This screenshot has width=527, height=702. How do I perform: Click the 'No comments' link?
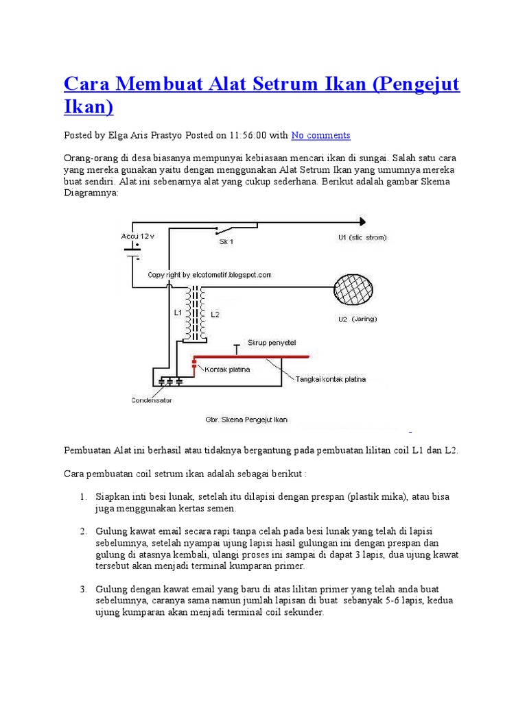point(320,135)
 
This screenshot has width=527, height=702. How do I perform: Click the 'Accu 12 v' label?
point(138,235)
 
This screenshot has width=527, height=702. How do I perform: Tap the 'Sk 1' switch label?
point(226,242)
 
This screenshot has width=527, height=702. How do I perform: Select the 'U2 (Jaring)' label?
point(358,319)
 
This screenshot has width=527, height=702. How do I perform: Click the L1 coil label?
point(178,313)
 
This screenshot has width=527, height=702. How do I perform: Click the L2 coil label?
point(215,314)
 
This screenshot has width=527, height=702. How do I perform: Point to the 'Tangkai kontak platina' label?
point(331,378)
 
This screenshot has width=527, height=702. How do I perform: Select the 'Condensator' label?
point(152,400)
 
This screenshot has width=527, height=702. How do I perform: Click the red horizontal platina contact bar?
point(251,357)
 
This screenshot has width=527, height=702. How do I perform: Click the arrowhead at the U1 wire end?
point(361,221)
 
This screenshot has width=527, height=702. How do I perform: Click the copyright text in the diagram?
point(209,275)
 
